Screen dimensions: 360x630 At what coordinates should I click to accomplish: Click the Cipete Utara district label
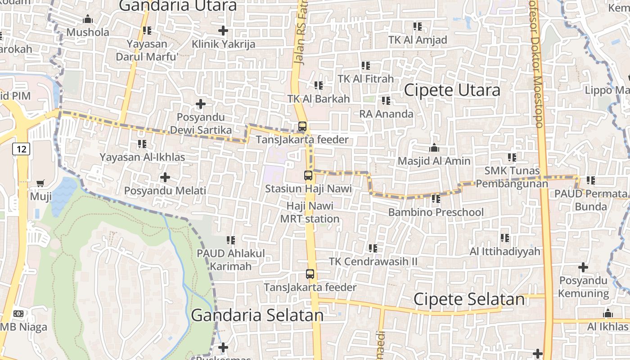(452, 90)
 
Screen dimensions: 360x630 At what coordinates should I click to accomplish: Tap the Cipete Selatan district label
(469, 299)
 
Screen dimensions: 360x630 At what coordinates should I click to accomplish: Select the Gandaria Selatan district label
(257, 315)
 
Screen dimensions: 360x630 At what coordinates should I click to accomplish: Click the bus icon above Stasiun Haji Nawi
(308, 175)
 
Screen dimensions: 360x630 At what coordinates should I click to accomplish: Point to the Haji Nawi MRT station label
(310, 212)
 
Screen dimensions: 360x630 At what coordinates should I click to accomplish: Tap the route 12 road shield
(21, 148)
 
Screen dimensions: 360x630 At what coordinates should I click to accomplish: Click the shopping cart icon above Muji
(40, 183)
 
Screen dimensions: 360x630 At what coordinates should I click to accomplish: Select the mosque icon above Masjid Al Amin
(434, 148)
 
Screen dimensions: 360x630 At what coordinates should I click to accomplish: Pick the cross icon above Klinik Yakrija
(223, 31)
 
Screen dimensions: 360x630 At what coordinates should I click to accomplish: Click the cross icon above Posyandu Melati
(165, 177)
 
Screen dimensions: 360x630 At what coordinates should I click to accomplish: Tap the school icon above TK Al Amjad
(418, 27)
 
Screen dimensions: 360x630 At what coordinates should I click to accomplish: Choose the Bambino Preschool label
(436, 212)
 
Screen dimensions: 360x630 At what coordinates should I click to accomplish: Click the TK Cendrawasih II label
(373, 261)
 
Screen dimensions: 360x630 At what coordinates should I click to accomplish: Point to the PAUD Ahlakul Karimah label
(231, 260)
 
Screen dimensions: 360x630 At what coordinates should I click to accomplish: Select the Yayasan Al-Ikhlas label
(142, 157)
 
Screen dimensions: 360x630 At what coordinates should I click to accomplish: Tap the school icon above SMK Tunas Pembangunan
(512, 157)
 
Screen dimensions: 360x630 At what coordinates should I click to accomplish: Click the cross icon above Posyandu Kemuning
(583, 268)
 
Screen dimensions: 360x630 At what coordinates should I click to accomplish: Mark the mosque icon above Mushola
(88, 19)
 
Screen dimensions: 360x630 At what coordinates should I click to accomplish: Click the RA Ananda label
(386, 114)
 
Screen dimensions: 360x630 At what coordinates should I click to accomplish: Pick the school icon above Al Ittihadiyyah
(505, 238)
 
